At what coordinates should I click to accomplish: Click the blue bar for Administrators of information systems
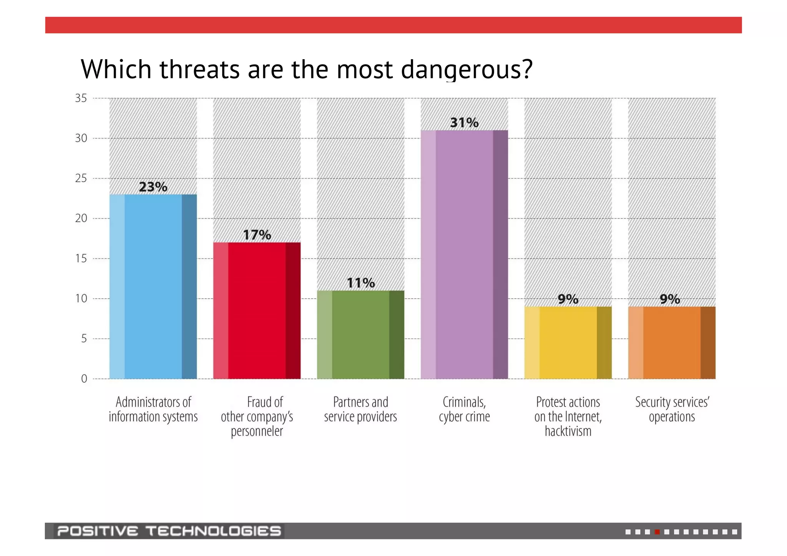[153, 286]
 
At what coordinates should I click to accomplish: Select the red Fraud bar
[257, 310]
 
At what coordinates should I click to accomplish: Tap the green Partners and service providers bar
[360, 335]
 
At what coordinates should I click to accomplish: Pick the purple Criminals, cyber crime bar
[464, 254]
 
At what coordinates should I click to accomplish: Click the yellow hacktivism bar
[568, 343]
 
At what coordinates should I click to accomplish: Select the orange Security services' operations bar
[672, 343]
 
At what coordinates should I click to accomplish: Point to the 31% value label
[464, 123]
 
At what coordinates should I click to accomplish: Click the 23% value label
[153, 187]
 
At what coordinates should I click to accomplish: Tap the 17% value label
[257, 235]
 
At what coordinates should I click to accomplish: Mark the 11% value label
[360, 283]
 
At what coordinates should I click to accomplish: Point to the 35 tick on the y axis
[81, 98]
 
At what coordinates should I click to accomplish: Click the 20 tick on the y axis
[81, 218]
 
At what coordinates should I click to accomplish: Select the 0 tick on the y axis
[84, 379]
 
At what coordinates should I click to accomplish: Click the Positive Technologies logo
[169, 531]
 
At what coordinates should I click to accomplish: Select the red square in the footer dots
[657, 532]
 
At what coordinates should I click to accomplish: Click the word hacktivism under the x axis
[568, 431]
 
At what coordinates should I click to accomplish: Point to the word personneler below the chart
[257, 432]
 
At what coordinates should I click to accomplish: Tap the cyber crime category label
[464, 417]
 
